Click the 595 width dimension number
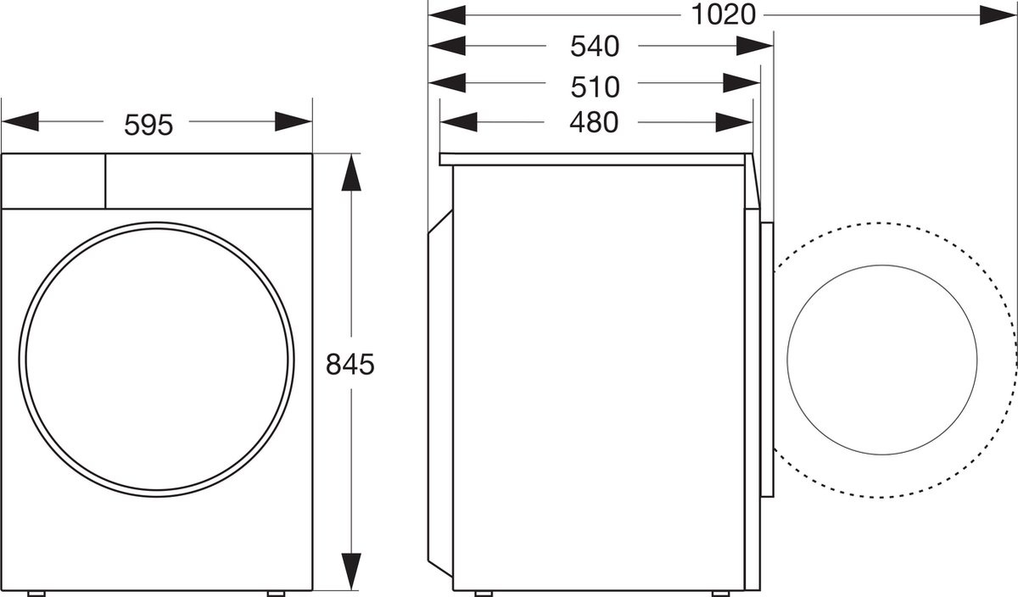(148, 125)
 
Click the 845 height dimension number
(350, 365)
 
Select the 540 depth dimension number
(594, 47)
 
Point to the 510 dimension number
(594, 86)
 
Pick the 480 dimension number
(594, 123)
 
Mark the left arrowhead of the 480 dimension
(459, 122)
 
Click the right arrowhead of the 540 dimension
(753, 46)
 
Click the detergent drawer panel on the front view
(53, 181)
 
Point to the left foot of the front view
(36, 592)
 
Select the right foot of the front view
(277, 592)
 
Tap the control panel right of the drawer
(208, 181)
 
